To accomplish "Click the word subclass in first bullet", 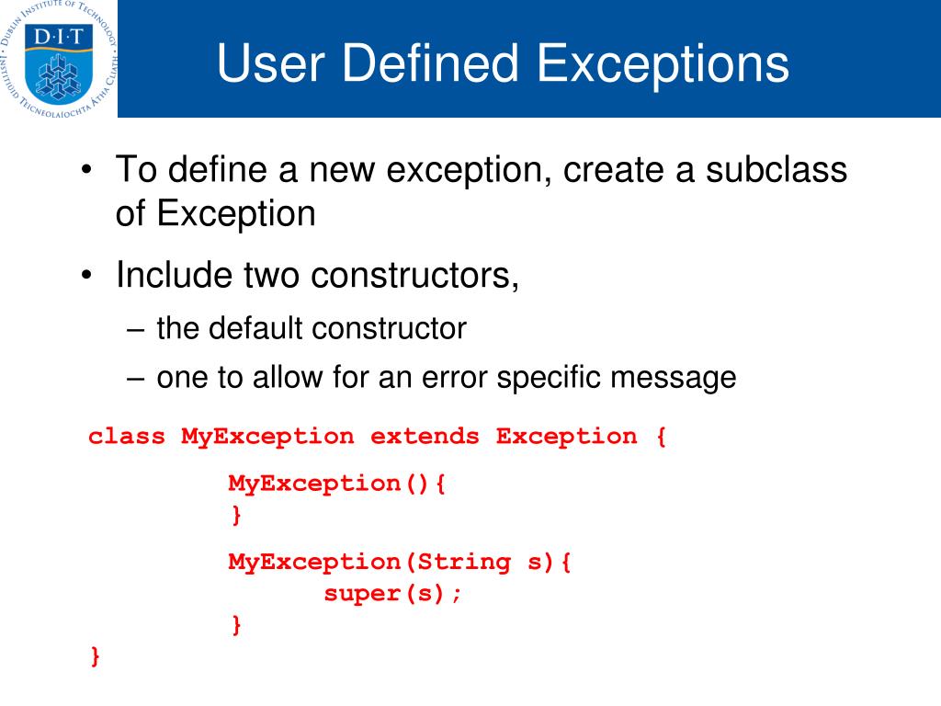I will point(776,170).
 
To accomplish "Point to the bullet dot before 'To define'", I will point(85,172).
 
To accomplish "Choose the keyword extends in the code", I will point(425,436).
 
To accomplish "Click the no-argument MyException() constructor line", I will point(336,484).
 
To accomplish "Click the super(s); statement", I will point(393,594).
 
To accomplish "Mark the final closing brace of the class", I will point(95,656).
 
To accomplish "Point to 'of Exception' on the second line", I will point(215,213).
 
